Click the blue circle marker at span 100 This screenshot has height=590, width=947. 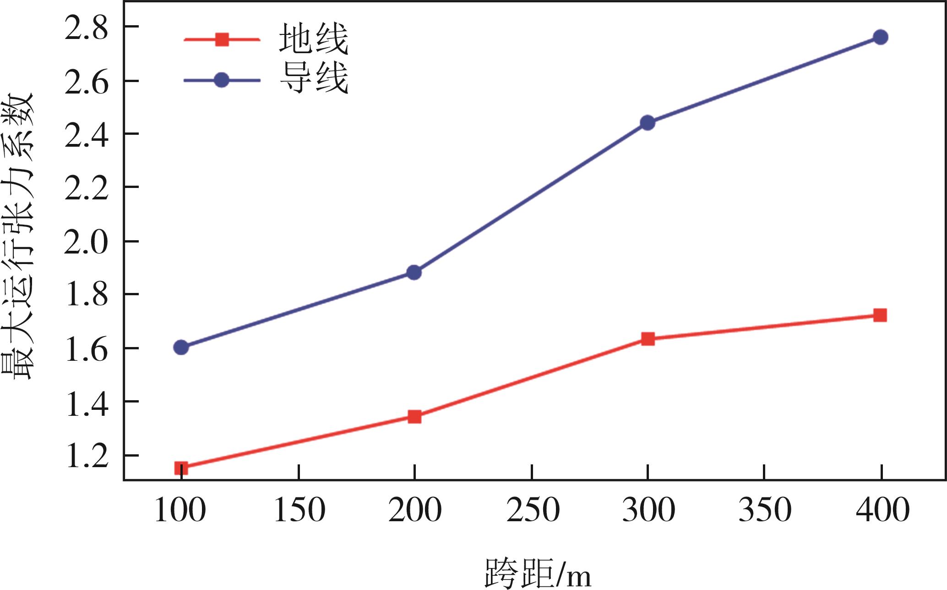coord(181,347)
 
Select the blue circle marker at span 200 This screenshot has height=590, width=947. coord(414,272)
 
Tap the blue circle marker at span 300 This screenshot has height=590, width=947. coord(648,122)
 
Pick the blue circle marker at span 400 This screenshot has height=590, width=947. coord(880,37)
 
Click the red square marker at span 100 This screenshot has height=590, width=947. coord(181,468)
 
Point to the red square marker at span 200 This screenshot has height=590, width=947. coord(414,416)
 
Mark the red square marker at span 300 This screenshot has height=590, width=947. coord(648,339)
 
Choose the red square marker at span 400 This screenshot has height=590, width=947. coord(880,315)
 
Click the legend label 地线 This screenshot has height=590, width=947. coord(314,39)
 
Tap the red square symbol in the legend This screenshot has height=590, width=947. coord(222,39)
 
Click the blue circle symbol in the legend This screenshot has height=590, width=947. coord(222,80)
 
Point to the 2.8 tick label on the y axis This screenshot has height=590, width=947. coord(87,28)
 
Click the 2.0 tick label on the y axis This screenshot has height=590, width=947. coord(87,242)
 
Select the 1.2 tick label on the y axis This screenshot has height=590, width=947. coord(87,456)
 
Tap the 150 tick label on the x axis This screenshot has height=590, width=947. coord(299,510)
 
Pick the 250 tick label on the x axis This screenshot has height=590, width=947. coord(533,510)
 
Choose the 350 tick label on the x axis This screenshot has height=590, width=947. coord(765,510)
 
